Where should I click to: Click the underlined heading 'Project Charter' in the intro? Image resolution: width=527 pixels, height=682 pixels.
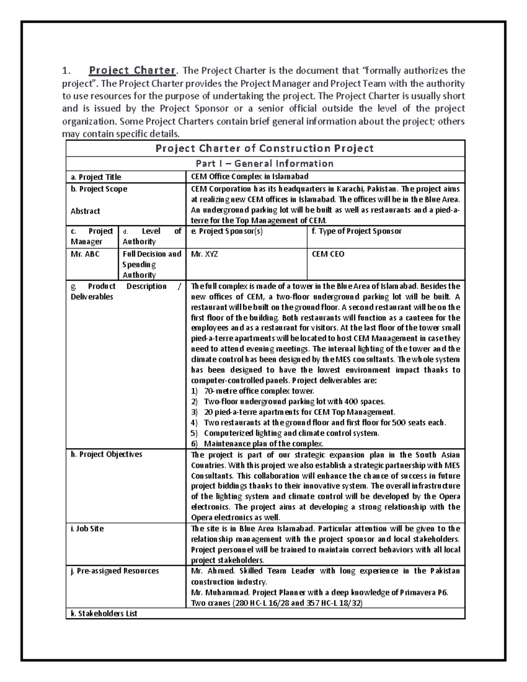(132, 71)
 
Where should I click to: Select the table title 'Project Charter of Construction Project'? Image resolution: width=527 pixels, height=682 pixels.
(265, 148)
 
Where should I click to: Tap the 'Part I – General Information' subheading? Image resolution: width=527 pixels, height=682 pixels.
(265, 164)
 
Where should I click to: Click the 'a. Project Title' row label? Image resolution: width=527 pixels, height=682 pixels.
(96, 177)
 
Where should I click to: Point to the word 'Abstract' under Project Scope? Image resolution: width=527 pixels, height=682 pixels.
(85, 211)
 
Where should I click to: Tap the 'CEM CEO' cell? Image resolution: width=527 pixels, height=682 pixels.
(328, 254)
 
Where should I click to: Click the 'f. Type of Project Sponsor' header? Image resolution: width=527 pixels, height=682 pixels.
(356, 231)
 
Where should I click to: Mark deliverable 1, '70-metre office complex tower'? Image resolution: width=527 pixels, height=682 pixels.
(259, 391)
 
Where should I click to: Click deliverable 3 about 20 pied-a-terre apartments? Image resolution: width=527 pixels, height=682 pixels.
(300, 412)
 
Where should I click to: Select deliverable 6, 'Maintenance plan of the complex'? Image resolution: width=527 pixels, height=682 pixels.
(263, 444)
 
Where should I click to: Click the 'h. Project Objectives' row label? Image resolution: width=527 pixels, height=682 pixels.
(106, 455)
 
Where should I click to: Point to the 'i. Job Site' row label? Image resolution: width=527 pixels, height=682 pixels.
(87, 529)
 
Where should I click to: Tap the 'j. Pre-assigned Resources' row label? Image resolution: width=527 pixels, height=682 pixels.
(115, 571)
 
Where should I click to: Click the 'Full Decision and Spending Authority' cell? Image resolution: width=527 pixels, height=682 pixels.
(152, 264)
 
